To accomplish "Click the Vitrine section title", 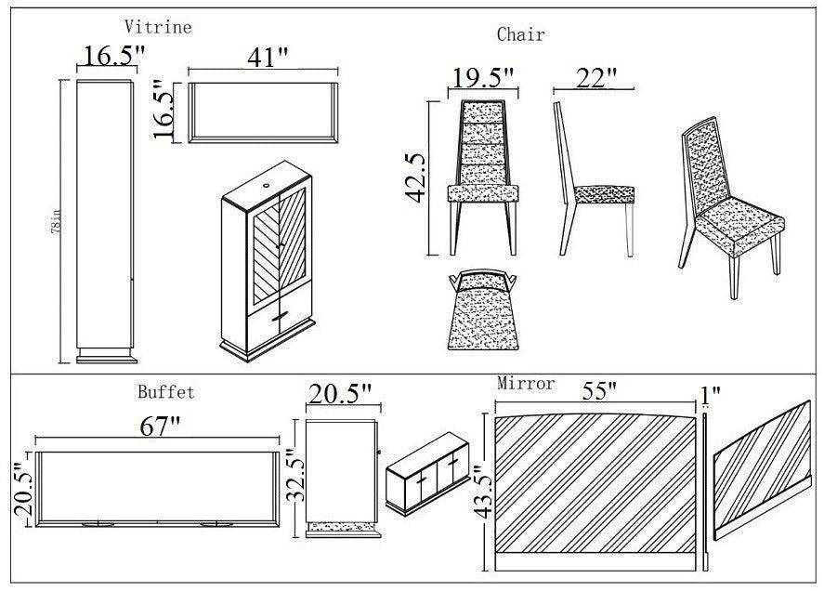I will pos(158,27).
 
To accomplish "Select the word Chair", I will pos(520,34).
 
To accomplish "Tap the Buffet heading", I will pos(166,392).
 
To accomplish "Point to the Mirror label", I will pos(526,383).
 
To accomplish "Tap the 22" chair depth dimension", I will pos(596,78).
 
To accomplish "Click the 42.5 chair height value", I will pos(414,177).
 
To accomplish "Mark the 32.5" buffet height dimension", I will pos(294,478).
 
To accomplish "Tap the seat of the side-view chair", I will pos(604,193).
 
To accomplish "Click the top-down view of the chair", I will pos(482,310).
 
